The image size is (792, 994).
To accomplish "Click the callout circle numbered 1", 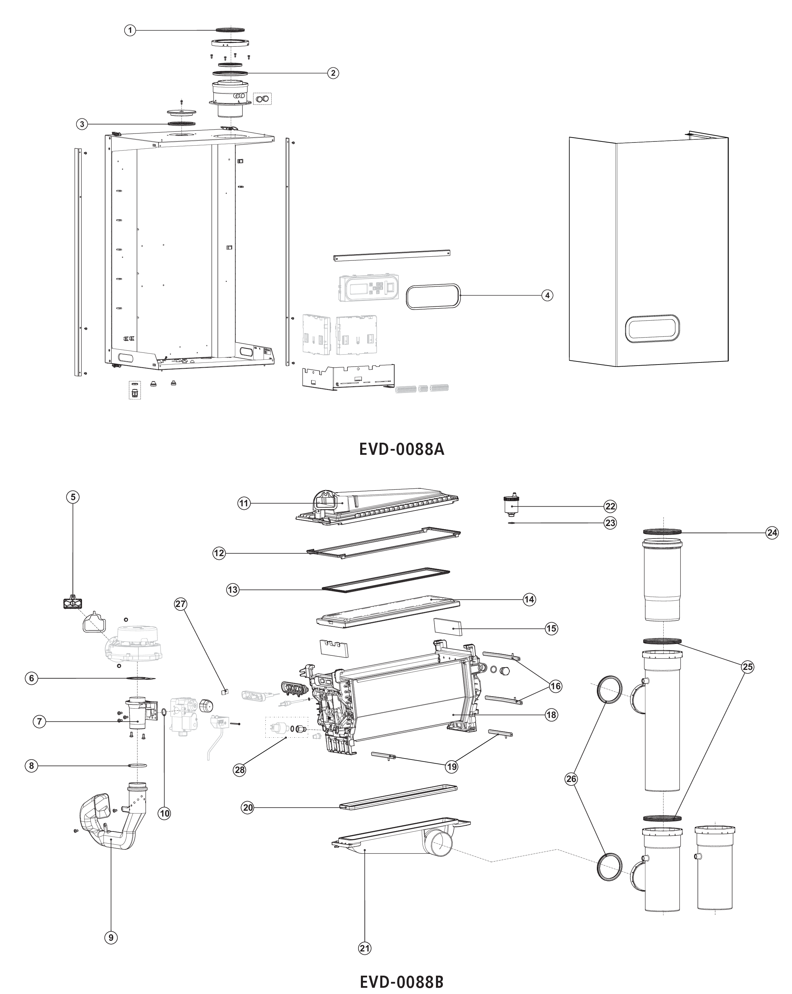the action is [130, 30].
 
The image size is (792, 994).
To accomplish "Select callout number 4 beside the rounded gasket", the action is [547, 295].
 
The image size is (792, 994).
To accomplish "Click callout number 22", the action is [610, 506].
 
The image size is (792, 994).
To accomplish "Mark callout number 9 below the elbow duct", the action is [111, 937].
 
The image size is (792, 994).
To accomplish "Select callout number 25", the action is [748, 667].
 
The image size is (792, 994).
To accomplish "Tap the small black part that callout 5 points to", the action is [72, 602].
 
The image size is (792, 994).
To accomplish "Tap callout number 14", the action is [529, 599].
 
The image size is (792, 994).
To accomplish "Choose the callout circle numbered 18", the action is [551, 715].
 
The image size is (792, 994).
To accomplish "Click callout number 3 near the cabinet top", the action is [82, 124].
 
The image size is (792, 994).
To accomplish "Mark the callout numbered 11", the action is [244, 504].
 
